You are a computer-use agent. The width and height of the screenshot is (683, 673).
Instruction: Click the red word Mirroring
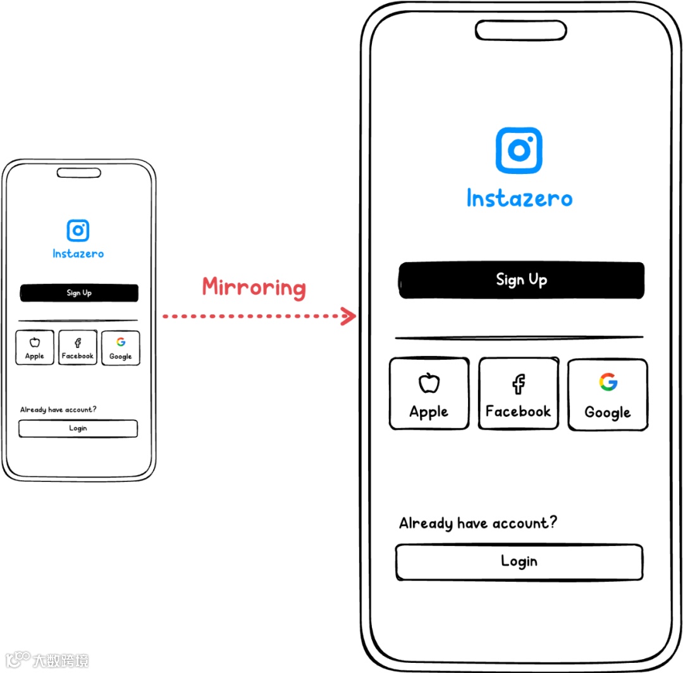[x=254, y=288]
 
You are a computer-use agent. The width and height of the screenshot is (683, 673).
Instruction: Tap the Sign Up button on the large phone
[x=521, y=280]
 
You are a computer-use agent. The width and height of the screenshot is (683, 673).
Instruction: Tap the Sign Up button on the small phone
[x=79, y=293]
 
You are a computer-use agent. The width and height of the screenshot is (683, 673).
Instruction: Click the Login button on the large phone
[x=519, y=562]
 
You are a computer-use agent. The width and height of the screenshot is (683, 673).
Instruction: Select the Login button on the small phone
[x=78, y=428]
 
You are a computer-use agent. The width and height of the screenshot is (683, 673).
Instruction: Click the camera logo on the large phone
[x=519, y=151]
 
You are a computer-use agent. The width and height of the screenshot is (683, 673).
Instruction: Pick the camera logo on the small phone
[x=78, y=230]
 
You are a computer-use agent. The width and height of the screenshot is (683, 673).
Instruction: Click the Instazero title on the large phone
[x=519, y=199]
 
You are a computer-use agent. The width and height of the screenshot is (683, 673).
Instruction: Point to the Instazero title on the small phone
[x=78, y=254]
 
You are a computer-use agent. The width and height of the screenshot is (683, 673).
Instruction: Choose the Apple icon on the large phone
[x=429, y=383]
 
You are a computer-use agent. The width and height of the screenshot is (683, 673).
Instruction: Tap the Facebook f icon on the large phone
[x=519, y=383]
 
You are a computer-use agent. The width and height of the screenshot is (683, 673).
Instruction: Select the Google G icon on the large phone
[x=608, y=382]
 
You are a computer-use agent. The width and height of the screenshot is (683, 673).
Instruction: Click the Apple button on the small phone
[x=35, y=348]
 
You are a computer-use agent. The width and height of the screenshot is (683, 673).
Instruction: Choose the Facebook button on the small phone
[x=78, y=348]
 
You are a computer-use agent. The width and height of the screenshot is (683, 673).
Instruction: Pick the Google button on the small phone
[x=120, y=348]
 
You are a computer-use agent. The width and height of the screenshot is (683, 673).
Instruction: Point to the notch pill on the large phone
[x=520, y=30]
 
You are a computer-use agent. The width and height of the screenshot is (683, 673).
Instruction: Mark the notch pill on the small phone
[x=78, y=172]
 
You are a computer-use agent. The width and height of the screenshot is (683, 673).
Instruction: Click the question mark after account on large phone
[x=552, y=522]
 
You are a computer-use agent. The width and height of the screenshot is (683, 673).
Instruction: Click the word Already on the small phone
[x=32, y=410]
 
